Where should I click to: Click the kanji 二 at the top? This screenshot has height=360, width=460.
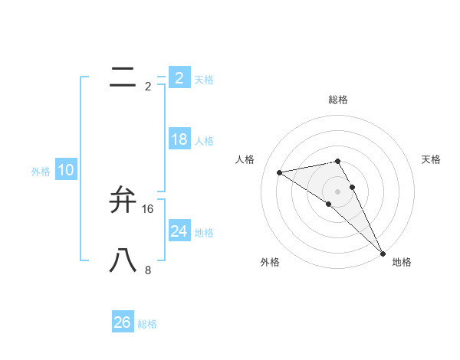[123, 76]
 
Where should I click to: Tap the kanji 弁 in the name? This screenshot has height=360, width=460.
[123, 199]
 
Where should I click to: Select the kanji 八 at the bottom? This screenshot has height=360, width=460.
[123, 260]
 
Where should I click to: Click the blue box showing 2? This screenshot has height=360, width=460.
[179, 78]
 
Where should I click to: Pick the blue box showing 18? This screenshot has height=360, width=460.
[179, 139]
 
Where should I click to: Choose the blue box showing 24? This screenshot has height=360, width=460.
[179, 231]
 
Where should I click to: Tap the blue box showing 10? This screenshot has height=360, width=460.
[65, 171]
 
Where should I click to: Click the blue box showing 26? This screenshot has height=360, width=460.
[122, 322]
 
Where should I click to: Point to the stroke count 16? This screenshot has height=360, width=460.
[148, 209]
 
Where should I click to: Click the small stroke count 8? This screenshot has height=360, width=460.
[148, 270]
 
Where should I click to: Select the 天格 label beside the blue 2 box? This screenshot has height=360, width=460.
[204, 80]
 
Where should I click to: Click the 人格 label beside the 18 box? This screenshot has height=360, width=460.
[204, 141]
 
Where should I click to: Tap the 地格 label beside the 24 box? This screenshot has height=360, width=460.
[204, 233]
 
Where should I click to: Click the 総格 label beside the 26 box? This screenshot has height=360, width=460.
[147, 324]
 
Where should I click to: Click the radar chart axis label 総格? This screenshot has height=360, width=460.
[337, 100]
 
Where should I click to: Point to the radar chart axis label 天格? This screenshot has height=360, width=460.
[432, 159]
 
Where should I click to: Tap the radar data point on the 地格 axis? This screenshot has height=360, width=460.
[383, 253]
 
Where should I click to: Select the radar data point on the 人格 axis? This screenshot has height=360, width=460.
[280, 172]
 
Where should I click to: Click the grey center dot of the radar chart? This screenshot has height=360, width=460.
[337, 191]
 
